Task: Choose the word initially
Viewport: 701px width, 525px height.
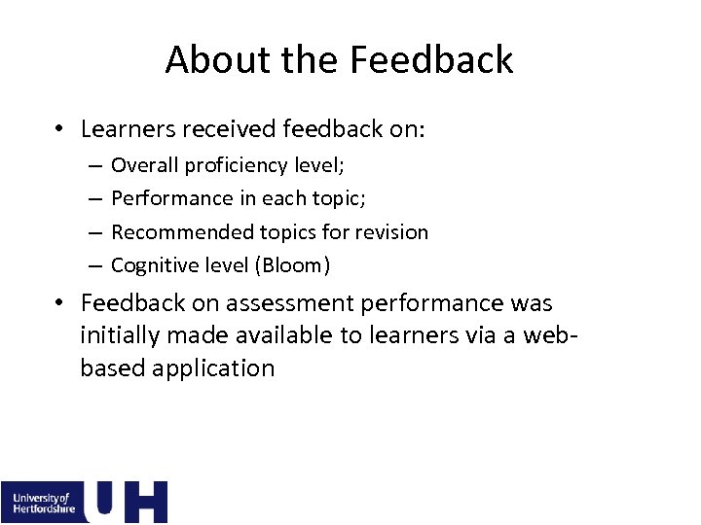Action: pos(119,335)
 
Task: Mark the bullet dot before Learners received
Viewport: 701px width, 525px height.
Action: pos(60,129)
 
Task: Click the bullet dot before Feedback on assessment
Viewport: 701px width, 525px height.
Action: pos(60,303)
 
